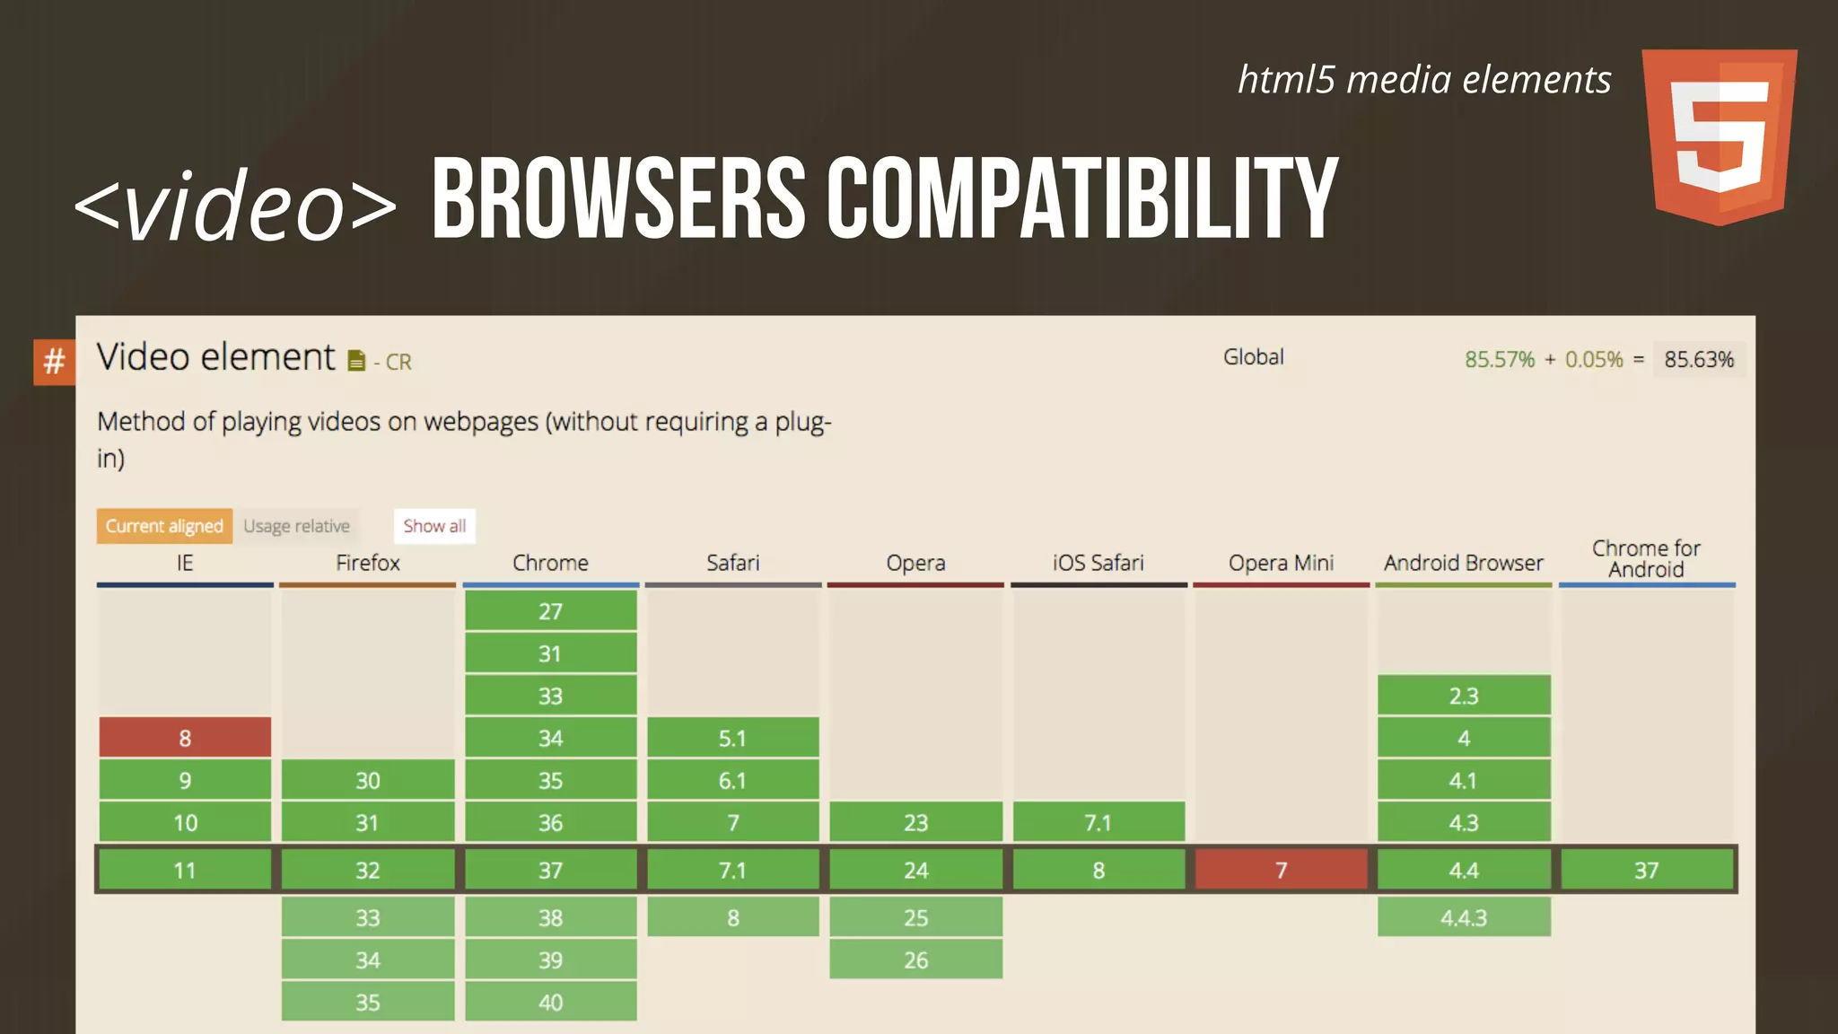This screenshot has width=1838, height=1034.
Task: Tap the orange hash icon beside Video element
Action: [54, 362]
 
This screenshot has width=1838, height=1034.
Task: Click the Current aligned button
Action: [164, 526]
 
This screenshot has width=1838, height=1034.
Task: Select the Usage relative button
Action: [296, 526]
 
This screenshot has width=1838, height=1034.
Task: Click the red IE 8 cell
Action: [185, 738]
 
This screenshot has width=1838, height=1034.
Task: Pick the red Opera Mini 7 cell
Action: [1281, 870]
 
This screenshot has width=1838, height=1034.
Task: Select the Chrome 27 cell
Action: [550, 611]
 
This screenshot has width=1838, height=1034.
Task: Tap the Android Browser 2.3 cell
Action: [1464, 696]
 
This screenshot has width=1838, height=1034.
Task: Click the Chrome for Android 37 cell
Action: [1646, 870]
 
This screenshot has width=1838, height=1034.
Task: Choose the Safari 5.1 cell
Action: [732, 738]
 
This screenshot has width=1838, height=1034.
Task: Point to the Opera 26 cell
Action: [915, 960]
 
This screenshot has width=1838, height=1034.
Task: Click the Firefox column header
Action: [368, 563]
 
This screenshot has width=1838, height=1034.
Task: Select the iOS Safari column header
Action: [1098, 563]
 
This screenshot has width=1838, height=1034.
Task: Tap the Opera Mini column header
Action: [1281, 563]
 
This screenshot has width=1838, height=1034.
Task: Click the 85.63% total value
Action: [1699, 360]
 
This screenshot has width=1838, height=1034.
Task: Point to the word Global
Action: [1253, 357]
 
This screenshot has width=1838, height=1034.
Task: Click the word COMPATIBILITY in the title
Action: [1081, 199]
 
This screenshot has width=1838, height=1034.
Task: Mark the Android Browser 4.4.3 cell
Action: [1464, 917]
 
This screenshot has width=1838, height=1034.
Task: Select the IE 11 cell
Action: [185, 870]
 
